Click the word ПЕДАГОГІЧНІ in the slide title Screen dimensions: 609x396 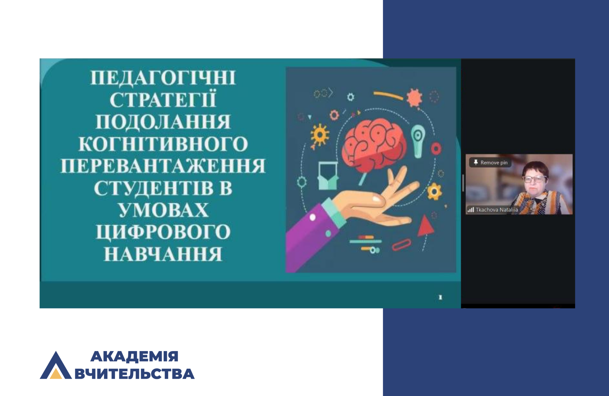coord(163,78)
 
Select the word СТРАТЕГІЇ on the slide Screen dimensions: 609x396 coord(163,99)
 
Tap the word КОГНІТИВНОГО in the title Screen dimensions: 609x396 coord(163,144)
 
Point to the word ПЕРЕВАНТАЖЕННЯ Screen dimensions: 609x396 coord(163,166)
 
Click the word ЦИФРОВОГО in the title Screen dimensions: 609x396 coord(163,232)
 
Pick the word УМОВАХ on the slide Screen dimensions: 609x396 coord(163,210)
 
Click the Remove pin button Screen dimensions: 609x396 coord(490,162)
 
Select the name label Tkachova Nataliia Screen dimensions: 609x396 coord(497,210)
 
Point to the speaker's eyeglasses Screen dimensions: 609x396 coord(535,179)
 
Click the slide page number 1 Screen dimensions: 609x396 coord(440,297)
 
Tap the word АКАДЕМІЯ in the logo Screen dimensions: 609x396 coord(134,357)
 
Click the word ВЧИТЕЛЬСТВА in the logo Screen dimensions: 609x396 coord(135,374)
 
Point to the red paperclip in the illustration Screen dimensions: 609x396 coord(402,245)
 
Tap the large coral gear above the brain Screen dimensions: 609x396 coord(414,98)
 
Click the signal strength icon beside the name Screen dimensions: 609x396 coord(471,210)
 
